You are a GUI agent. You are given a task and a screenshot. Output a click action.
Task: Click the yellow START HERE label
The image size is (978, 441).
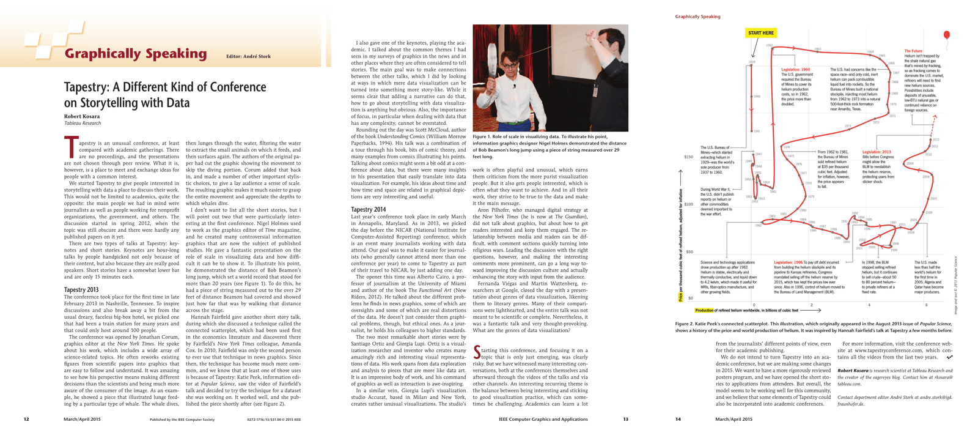pyautogui.click(x=760, y=33)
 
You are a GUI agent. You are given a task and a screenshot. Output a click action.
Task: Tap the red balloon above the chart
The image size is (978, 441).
pyautogui.click(x=947, y=35)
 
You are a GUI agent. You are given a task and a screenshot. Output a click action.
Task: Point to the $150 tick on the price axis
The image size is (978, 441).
pyautogui.click(x=688, y=157)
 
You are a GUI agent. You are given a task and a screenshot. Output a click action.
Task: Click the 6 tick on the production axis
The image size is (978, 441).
pyautogui.click(x=926, y=305)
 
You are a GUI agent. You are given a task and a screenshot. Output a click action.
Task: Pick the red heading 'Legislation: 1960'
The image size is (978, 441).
pyautogui.click(x=795, y=70)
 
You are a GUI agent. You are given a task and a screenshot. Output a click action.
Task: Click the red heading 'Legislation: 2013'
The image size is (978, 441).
pyautogui.click(x=876, y=152)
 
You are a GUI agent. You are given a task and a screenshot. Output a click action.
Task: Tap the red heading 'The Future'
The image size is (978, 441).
pyautogui.click(x=913, y=51)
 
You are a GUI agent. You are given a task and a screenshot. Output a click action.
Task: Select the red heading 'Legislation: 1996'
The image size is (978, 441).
pyautogui.click(x=788, y=262)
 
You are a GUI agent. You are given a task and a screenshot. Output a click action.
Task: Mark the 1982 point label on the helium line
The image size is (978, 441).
pyautogui.click(x=759, y=226)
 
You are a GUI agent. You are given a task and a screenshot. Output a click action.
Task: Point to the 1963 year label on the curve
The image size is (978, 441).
pyautogui.click(x=818, y=49)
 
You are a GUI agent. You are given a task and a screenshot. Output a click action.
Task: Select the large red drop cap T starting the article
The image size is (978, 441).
pyautogui.click(x=71, y=147)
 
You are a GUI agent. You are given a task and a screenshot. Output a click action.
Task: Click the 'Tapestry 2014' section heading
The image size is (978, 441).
pyautogui.click(x=368, y=210)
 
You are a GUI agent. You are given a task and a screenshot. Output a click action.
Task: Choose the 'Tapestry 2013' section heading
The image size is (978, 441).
pyautogui.click(x=81, y=289)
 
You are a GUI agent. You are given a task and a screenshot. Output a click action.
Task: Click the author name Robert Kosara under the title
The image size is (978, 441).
pyautogui.click(x=82, y=116)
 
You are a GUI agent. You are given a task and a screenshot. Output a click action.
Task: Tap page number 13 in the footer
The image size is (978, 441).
pyautogui.click(x=625, y=420)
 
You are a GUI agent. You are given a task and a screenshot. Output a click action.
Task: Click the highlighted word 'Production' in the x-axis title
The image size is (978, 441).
pyautogui.click(x=704, y=311)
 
